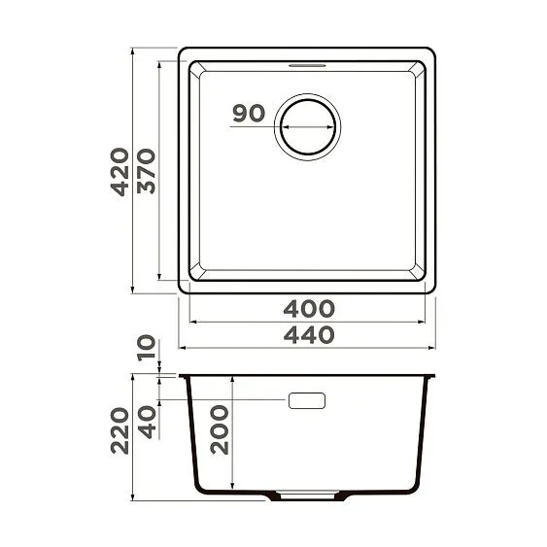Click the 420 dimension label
point(119,171)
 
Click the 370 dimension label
point(145,171)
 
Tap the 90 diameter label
point(249,114)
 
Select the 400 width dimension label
point(308,310)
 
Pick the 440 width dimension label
point(308,335)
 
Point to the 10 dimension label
point(147,348)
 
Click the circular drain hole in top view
point(308,126)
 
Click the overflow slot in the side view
point(308,400)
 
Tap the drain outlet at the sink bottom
point(308,496)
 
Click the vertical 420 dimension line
point(133,171)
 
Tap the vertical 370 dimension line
point(160,171)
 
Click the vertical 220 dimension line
point(133,437)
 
